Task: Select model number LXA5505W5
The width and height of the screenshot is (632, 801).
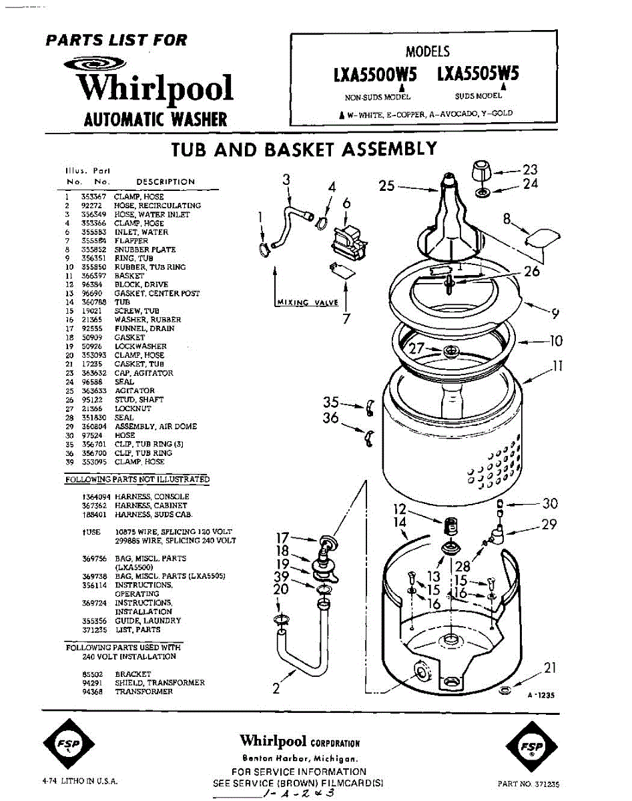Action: (x=478, y=74)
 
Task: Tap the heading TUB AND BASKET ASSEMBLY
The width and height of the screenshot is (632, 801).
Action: (x=304, y=148)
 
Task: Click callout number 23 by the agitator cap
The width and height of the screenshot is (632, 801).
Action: (x=530, y=170)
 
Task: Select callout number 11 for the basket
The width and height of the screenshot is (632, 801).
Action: (x=557, y=366)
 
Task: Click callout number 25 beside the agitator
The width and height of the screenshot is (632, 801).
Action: (x=387, y=186)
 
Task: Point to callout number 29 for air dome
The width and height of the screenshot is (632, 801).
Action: (x=549, y=525)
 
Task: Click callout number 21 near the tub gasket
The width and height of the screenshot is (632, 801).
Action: (x=549, y=667)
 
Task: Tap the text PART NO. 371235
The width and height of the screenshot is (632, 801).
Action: (x=529, y=784)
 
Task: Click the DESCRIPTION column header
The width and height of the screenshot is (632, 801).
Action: (x=165, y=182)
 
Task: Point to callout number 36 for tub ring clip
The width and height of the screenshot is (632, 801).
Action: (x=330, y=419)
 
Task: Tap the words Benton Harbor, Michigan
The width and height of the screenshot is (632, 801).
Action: (x=299, y=759)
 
